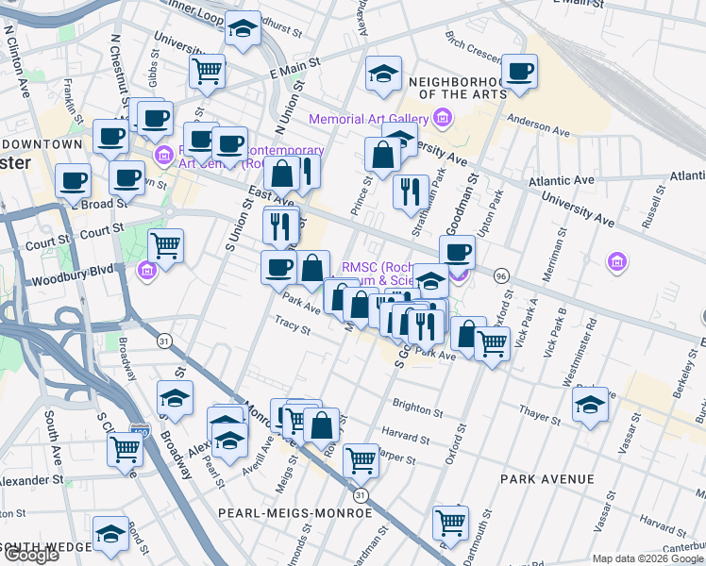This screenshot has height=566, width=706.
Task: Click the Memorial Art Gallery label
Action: coord(368,119)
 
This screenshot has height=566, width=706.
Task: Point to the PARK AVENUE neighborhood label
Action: coord(547,479)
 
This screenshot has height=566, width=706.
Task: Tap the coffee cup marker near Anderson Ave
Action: coord(518,72)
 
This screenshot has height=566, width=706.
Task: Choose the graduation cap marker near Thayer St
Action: coord(590,407)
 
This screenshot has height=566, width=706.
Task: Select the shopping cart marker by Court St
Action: coord(166,246)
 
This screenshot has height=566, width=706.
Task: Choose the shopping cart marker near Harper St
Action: coord(361,460)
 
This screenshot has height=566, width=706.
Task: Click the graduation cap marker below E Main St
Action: coord(383,75)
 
